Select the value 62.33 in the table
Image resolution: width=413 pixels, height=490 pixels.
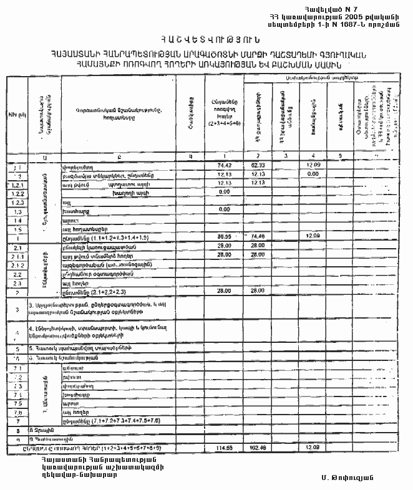pyautogui.click(x=258, y=165)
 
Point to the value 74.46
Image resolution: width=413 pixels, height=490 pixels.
pyautogui.click(x=258, y=237)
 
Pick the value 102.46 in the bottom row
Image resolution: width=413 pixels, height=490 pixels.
pyautogui.click(x=258, y=448)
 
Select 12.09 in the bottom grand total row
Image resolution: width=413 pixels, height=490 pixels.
pyautogui.click(x=314, y=448)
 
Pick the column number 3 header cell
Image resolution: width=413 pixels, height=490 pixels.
pyautogui.click(x=285, y=156)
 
